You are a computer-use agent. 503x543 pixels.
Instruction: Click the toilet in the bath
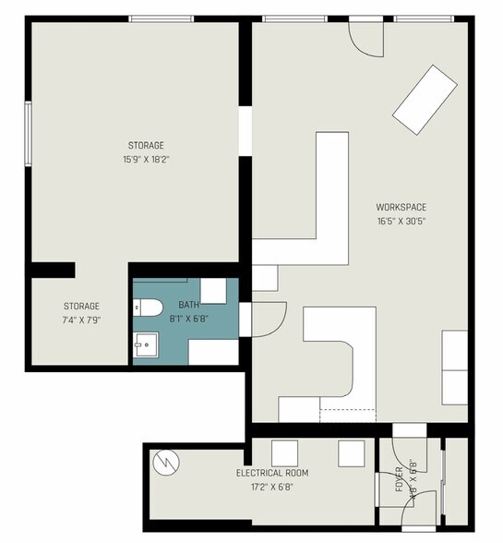(148, 308)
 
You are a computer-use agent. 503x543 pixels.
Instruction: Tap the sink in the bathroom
(146, 344)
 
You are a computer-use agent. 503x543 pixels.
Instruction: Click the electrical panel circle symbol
(166, 463)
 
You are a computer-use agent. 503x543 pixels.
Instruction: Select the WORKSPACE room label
(401, 207)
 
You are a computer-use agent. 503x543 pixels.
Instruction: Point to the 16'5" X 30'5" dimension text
(401, 221)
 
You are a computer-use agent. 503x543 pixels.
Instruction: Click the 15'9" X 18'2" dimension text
(146, 159)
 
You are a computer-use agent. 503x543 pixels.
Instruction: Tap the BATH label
(188, 305)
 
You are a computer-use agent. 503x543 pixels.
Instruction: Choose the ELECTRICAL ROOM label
(272, 473)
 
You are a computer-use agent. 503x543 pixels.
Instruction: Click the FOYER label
(399, 479)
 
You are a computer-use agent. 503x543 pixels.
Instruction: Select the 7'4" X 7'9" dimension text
(82, 320)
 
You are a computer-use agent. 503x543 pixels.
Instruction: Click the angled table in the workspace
(425, 100)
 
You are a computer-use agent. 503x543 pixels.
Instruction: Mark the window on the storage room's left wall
(29, 134)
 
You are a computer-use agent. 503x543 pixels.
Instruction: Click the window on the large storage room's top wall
(161, 18)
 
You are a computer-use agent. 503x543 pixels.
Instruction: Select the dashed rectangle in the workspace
(348, 416)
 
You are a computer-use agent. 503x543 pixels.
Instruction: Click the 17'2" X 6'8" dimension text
(272, 487)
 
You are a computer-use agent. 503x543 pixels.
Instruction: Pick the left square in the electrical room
(284, 453)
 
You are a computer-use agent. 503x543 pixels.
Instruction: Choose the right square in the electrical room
(352, 453)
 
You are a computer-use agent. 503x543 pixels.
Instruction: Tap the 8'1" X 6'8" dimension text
(188, 319)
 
